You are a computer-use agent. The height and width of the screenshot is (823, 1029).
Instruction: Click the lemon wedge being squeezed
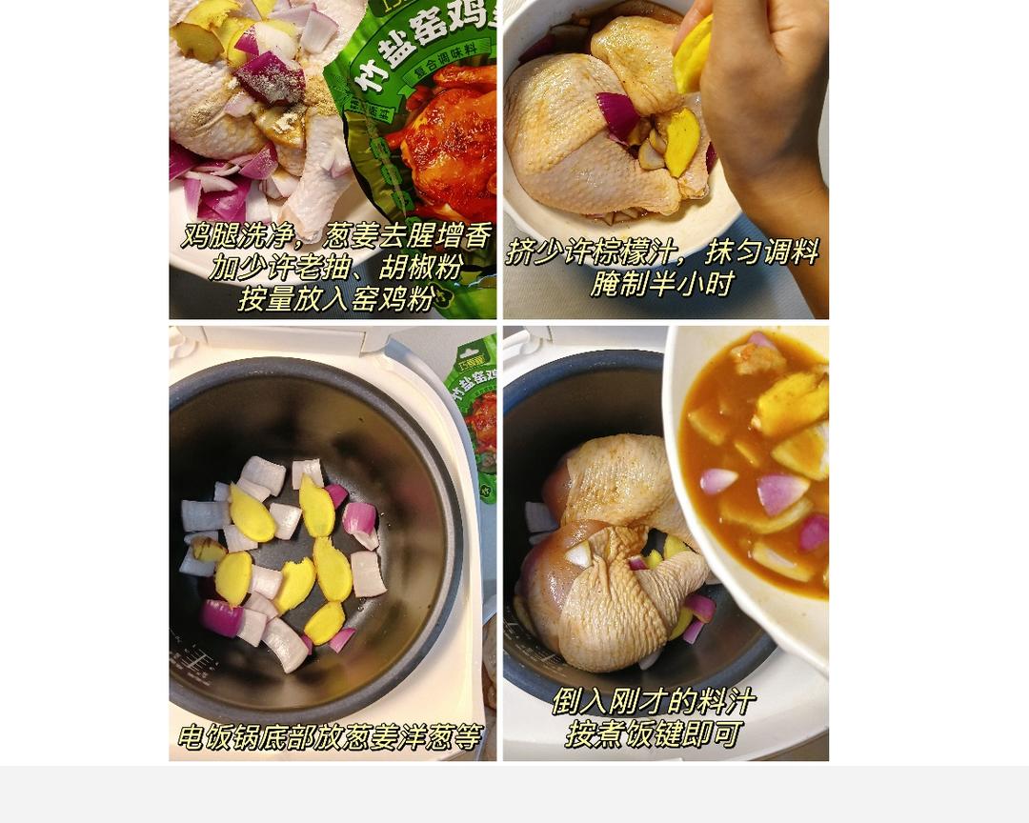(x=694, y=55)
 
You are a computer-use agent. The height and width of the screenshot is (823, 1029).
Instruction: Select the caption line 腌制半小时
(x=662, y=283)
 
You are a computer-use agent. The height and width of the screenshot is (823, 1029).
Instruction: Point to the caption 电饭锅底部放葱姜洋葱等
(x=330, y=737)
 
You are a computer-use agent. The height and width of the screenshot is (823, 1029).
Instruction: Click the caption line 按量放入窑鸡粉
(x=335, y=298)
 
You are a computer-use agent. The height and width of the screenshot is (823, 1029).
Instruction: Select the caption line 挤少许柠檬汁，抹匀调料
(x=662, y=251)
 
